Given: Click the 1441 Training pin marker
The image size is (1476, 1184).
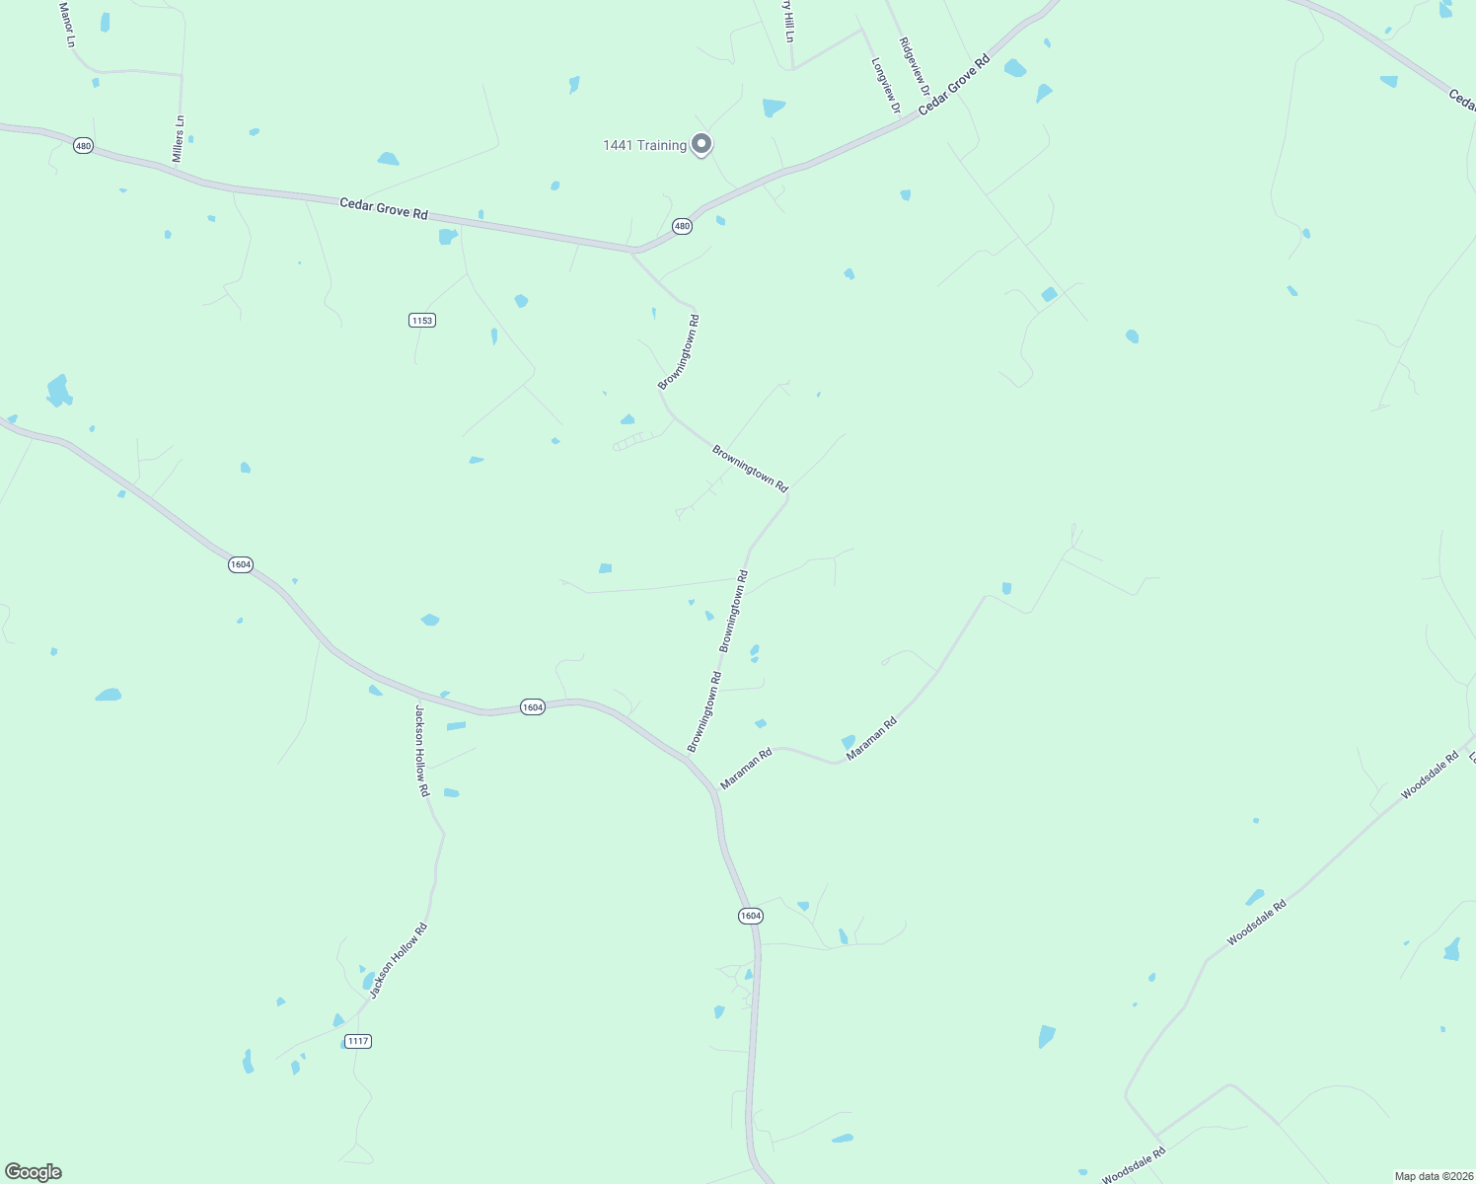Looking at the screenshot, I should pyautogui.click(x=701, y=144).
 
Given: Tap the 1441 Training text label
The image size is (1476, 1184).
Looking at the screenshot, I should pyautogui.click(x=644, y=146).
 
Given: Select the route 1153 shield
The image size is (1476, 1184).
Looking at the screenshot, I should pyautogui.click(x=422, y=321).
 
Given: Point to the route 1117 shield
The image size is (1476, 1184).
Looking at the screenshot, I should pyautogui.click(x=358, y=1041).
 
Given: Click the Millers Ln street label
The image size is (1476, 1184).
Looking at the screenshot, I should pyautogui.click(x=179, y=139).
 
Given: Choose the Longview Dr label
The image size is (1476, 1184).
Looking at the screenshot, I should pyautogui.click(x=885, y=85).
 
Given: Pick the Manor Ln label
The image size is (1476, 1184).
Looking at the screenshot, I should pyautogui.click(x=66, y=25).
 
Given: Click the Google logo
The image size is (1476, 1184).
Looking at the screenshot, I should pyautogui.click(x=34, y=1172).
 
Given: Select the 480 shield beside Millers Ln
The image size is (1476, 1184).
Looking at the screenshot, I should pyautogui.click(x=83, y=146).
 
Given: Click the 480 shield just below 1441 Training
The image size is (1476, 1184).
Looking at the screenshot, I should pyautogui.click(x=682, y=227).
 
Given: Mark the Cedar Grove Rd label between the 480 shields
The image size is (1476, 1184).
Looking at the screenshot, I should pyautogui.click(x=384, y=209).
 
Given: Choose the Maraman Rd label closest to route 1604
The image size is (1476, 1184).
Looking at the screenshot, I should pyautogui.click(x=746, y=770).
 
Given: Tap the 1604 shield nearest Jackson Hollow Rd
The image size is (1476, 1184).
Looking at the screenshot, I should pyautogui.click(x=532, y=707).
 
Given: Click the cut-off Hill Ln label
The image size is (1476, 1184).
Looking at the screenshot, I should pyautogui.click(x=788, y=21).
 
